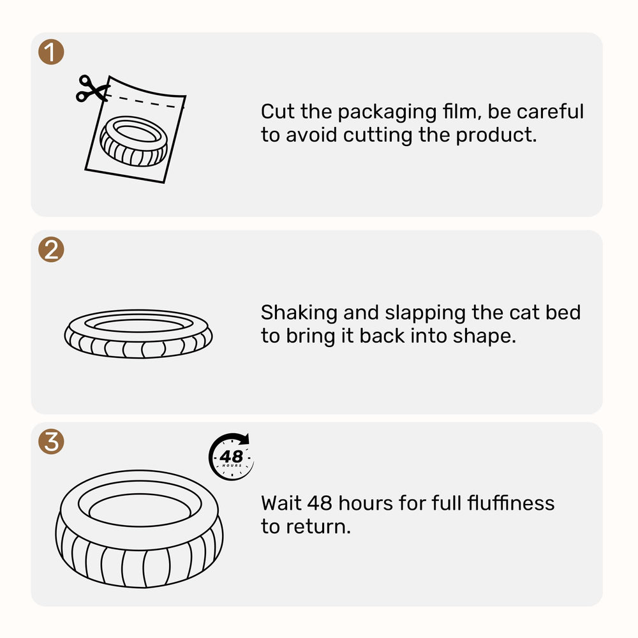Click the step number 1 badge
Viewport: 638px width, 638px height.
point(51,52)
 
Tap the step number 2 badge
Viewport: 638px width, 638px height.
point(51,249)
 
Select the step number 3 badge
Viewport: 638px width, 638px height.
point(51,441)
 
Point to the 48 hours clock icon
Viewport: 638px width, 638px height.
point(231,456)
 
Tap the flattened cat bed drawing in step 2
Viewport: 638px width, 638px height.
point(138,333)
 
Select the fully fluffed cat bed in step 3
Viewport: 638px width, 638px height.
point(139,528)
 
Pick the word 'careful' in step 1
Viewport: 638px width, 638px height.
point(550,112)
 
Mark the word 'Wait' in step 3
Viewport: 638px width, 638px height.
point(281,503)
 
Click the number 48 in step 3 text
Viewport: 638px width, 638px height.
point(320,503)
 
